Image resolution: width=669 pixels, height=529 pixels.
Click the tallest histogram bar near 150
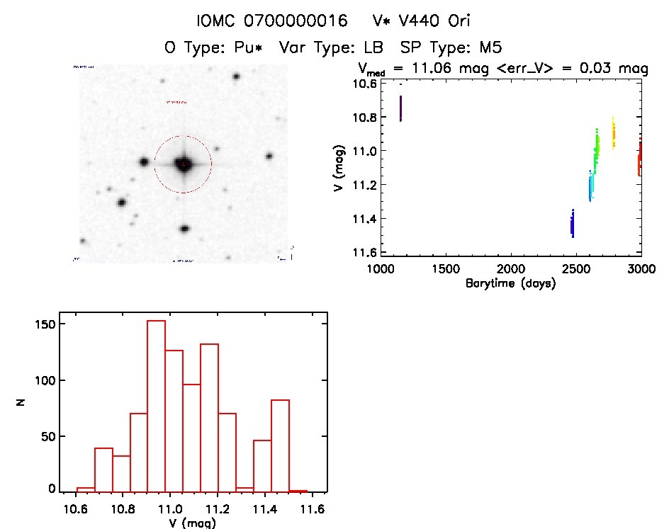[156, 405]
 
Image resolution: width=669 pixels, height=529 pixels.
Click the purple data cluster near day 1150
[400, 108]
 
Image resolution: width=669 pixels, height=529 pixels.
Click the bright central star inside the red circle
[183, 164]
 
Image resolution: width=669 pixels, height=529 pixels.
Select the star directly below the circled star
[184, 229]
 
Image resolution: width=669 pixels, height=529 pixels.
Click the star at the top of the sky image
[236, 76]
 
